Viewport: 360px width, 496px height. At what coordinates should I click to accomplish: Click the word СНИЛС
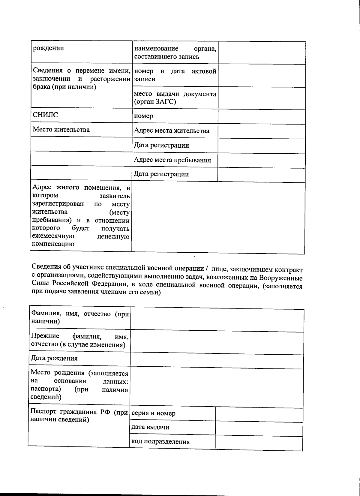[45, 115]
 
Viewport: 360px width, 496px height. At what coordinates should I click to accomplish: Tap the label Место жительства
[61, 130]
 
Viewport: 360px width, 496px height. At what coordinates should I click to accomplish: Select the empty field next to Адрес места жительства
[261, 131]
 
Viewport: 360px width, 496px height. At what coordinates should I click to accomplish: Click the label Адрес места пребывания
[172, 160]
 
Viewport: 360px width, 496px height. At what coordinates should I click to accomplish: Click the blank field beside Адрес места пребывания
[261, 161]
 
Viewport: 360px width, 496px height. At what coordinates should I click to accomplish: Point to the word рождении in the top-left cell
[48, 48]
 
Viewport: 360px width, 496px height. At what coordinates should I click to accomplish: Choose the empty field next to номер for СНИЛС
[261, 116]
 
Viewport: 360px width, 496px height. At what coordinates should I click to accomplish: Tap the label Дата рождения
[54, 358]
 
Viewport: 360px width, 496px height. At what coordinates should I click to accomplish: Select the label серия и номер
[153, 413]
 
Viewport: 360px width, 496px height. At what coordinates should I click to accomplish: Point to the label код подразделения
[160, 442]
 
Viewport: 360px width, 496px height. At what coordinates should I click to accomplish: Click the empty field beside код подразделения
[259, 443]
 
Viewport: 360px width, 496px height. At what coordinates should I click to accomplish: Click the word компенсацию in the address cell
[53, 244]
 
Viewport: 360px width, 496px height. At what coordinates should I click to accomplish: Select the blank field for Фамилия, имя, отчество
[217, 320]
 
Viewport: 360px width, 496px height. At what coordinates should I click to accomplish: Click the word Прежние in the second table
[45, 336]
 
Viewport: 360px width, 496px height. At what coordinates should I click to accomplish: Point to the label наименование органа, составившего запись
[175, 53]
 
